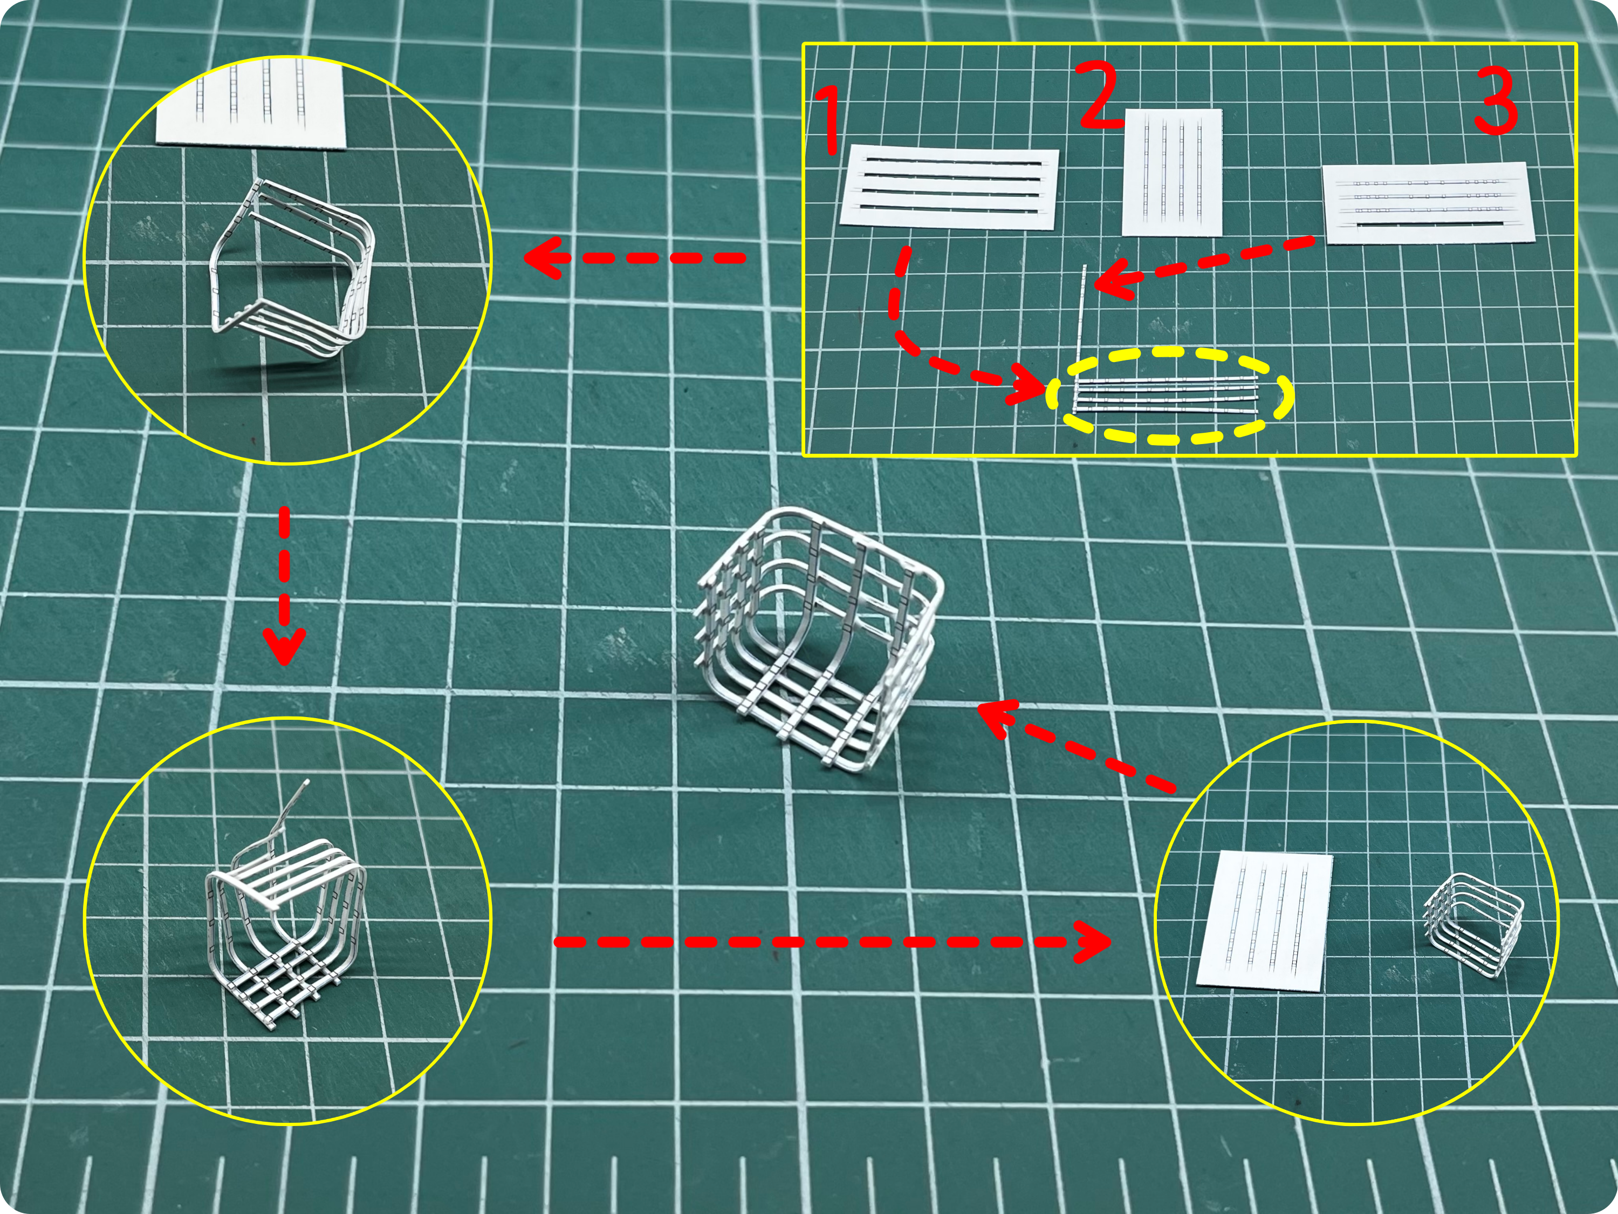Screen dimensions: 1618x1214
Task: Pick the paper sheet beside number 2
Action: coord(1173,173)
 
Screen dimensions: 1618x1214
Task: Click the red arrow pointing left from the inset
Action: coord(634,257)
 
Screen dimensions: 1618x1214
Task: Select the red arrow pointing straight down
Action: coord(284,585)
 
